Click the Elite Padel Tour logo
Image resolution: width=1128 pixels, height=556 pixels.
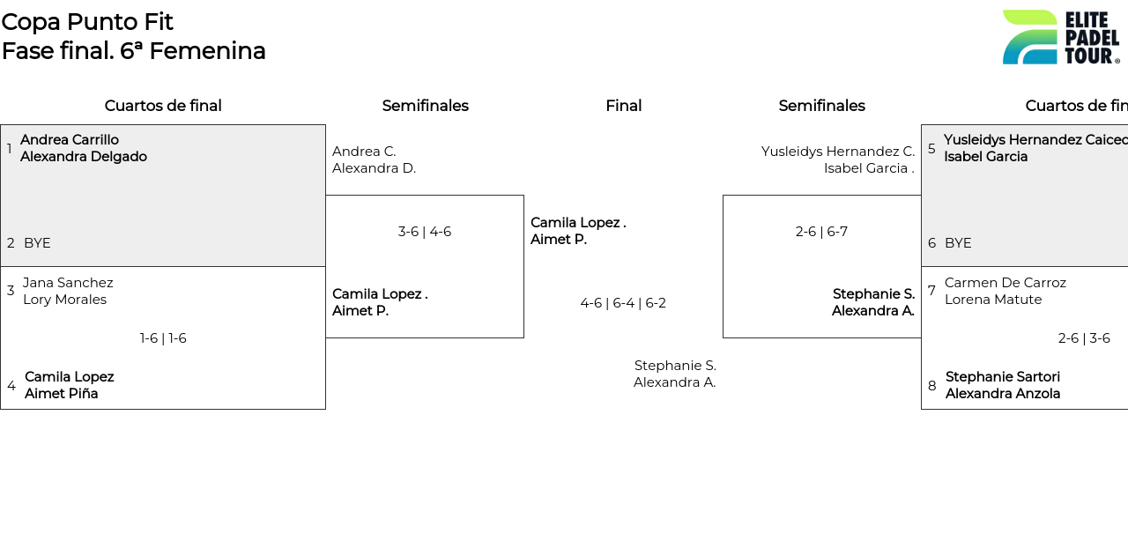(1060, 37)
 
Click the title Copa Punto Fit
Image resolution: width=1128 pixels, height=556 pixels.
(87, 22)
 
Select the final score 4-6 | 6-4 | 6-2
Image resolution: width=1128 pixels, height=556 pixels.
(623, 303)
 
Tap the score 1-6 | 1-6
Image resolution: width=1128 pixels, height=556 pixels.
(163, 338)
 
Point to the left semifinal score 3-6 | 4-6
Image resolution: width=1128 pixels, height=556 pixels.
(424, 232)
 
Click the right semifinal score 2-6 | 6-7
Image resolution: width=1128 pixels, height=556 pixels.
(821, 232)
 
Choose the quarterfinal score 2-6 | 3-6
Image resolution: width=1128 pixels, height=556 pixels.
(1084, 338)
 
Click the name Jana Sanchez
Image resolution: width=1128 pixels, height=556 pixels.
(68, 283)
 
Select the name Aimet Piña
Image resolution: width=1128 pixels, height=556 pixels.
(61, 394)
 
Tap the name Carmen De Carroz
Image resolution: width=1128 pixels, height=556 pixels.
(1005, 283)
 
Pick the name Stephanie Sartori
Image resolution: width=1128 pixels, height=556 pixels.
(1002, 377)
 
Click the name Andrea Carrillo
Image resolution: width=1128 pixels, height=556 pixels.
(70, 140)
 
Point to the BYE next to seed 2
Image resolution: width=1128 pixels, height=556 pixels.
(37, 243)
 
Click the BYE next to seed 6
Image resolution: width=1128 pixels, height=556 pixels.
(958, 243)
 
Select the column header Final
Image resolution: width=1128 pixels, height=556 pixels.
(623, 106)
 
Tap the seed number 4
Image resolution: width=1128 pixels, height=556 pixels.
(11, 386)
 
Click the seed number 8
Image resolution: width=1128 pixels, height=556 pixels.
(931, 386)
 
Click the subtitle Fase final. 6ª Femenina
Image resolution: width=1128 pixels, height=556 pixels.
(133, 51)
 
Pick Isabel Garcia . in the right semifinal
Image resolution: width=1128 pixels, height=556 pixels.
(869, 168)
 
